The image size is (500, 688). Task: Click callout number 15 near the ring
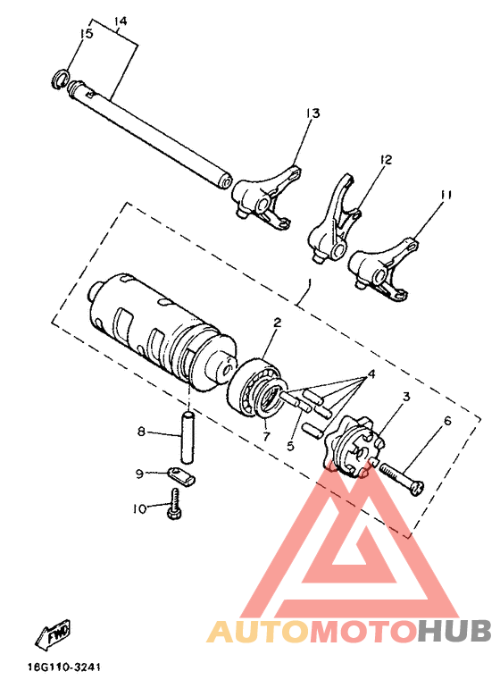click(x=86, y=34)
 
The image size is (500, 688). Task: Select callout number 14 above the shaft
click(x=121, y=20)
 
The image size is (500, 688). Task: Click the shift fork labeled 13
click(x=260, y=193)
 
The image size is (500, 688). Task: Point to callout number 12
click(x=385, y=160)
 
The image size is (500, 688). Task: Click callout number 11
click(x=446, y=194)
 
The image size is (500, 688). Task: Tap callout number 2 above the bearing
click(x=277, y=323)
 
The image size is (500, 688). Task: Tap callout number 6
click(x=446, y=421)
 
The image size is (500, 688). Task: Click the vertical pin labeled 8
click(x=189, y=432)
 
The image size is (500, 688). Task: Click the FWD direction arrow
click(x=53, y=635)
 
